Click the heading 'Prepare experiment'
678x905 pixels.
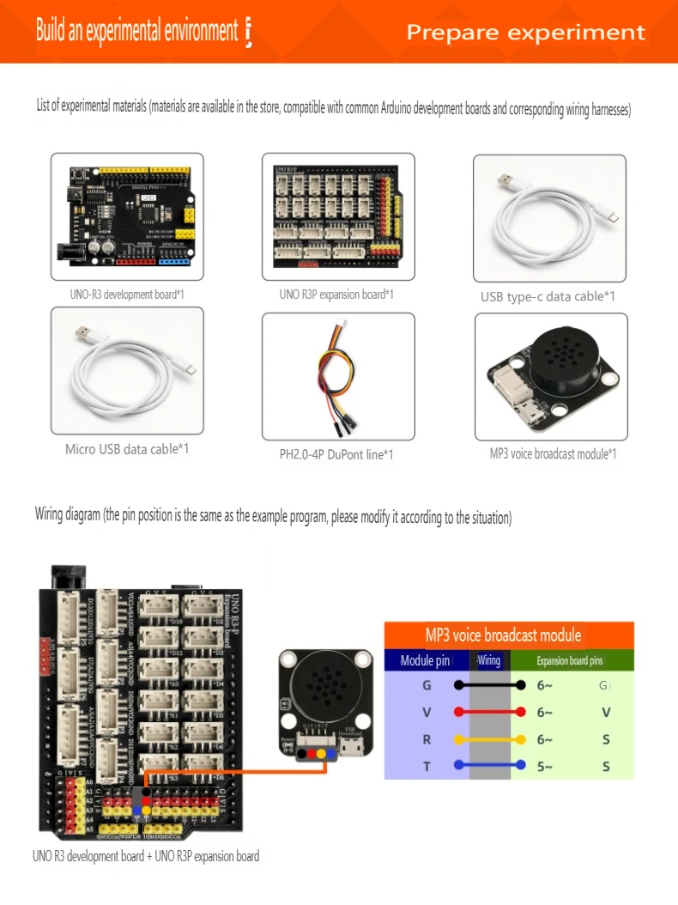(525, 33)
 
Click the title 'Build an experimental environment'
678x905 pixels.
(136, 32)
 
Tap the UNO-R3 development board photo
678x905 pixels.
(127, 216)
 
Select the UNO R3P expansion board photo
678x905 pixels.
(338, 216)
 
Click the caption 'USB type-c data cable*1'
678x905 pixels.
(548, 297)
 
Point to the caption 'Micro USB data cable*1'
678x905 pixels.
(127, 449)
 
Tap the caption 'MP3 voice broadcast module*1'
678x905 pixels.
(553, 453)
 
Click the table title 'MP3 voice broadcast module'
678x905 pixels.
(503, 635)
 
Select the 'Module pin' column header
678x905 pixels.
(426, 661)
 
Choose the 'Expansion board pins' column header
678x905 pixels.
(570, 661)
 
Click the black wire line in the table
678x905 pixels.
(489, 685)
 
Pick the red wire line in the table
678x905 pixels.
(489, 712)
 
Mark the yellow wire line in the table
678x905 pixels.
(489, 739)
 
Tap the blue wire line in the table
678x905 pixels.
(489, 766)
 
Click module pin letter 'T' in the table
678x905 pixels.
(427, 767)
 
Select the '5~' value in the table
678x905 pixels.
(545, 767)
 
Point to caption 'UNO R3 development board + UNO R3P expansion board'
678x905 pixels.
(146, 856)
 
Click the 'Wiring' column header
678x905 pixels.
(489, 661)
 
